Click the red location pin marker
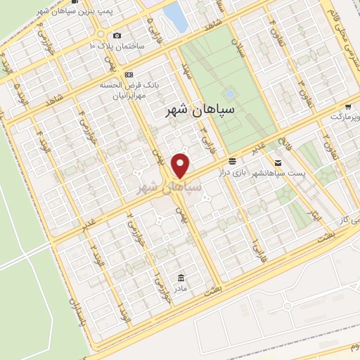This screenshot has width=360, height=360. pyautogui.click(x=181, y=166)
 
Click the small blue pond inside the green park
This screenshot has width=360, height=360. pyautogui.click(x=230, y=93)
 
